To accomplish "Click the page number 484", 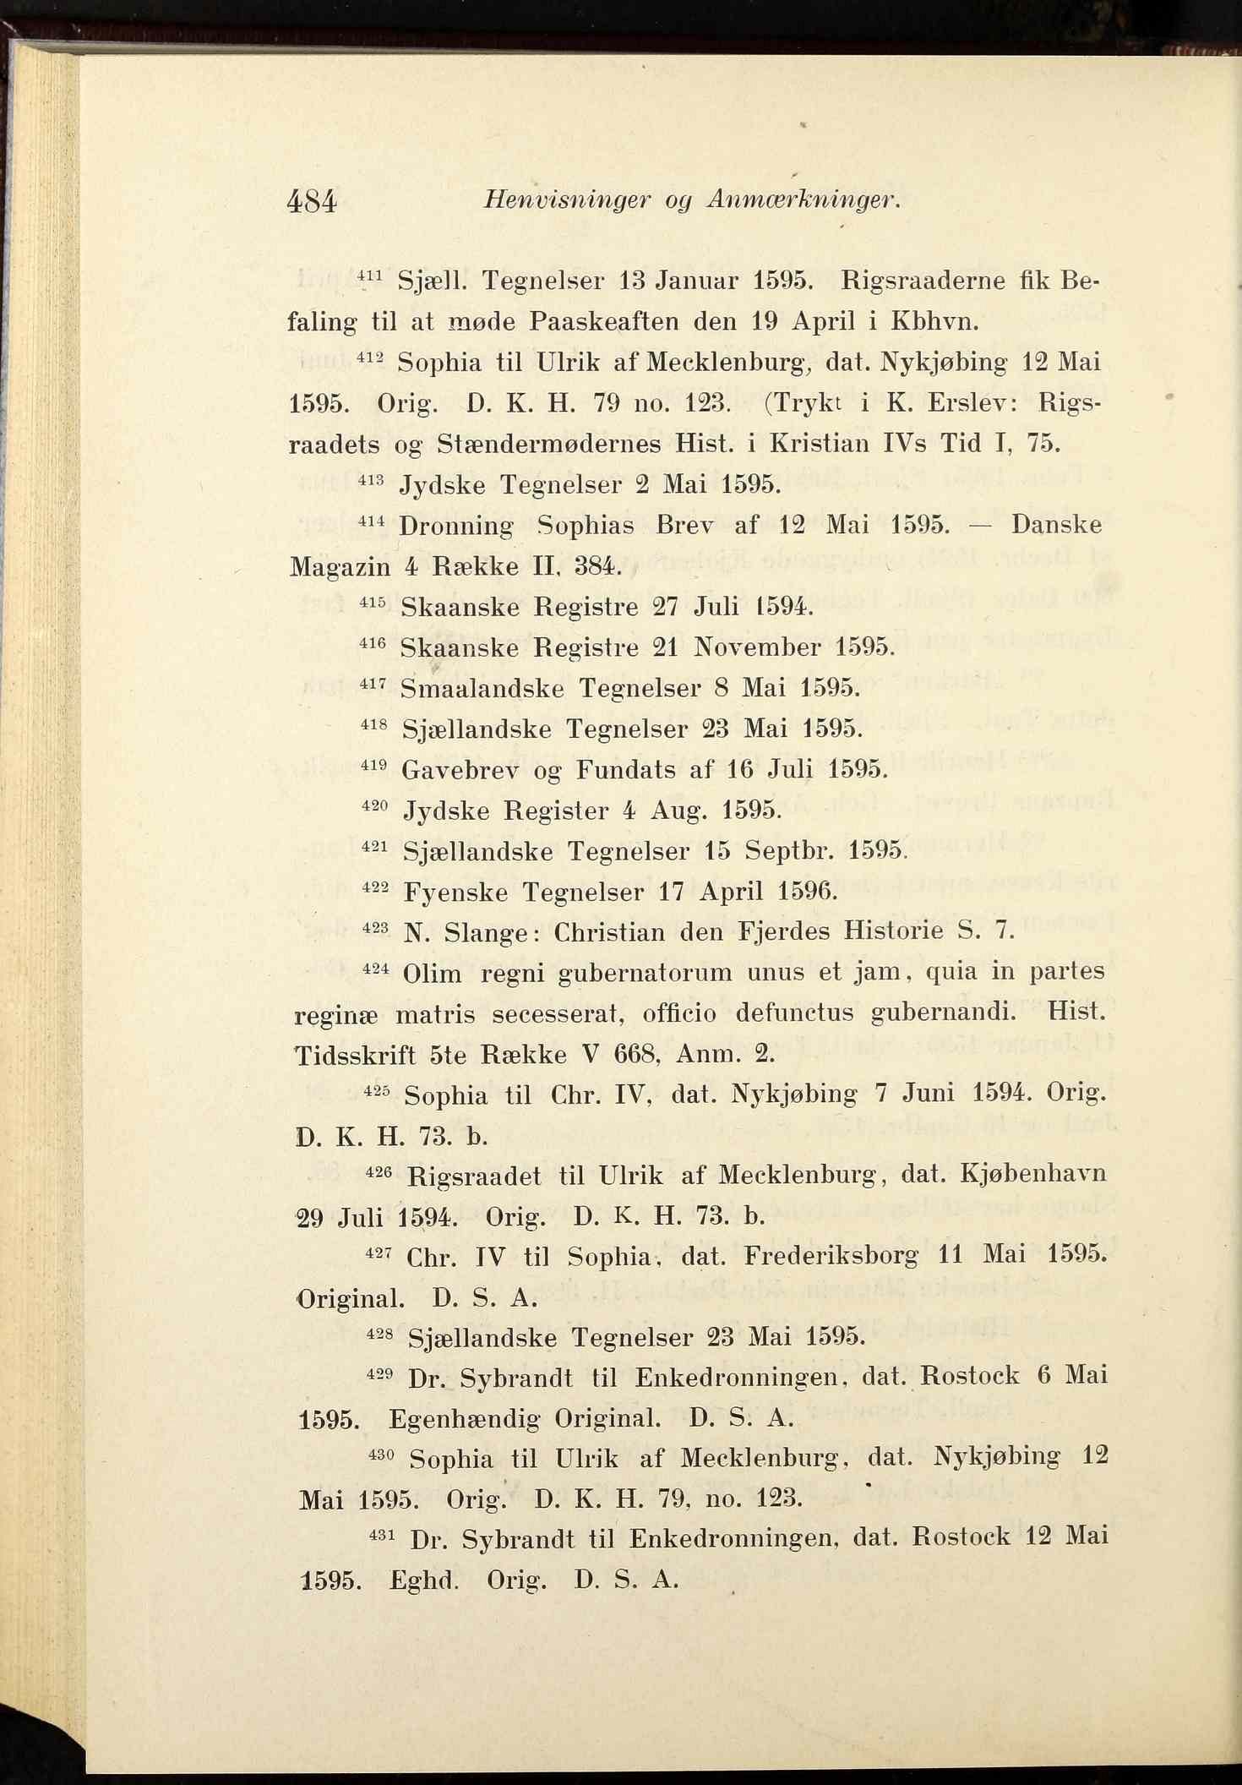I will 313,202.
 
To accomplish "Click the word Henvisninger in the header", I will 567,200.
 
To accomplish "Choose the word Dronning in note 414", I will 456,526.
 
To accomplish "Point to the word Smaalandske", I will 482,689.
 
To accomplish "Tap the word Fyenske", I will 456,892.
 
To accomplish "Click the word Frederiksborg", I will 831,1256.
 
